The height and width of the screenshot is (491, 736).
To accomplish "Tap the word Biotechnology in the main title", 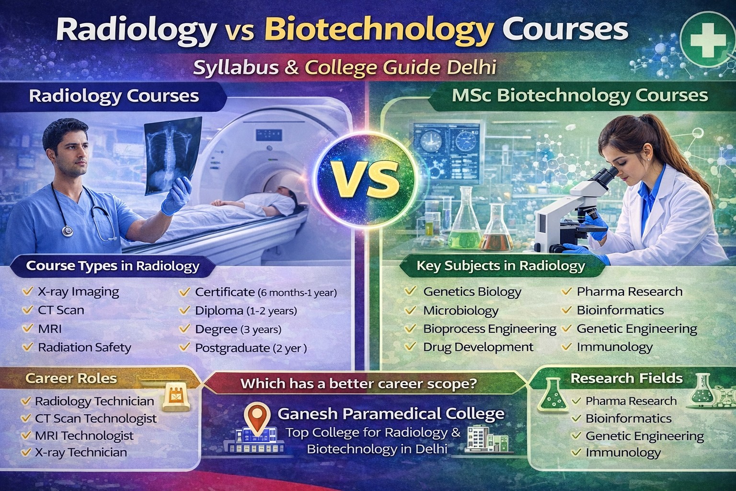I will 379,30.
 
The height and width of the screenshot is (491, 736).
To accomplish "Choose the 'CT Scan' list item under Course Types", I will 61,310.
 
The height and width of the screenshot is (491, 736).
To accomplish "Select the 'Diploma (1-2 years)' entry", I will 246,311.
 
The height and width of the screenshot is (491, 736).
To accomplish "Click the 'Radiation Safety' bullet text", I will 84,347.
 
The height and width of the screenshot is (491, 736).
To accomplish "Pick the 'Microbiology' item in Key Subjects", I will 460,311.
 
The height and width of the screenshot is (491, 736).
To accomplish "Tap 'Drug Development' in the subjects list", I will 478,347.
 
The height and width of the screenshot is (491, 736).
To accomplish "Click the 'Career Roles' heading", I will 71,378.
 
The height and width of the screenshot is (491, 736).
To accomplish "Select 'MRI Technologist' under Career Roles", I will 84,435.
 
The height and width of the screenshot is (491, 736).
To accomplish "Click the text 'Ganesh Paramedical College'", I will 391,413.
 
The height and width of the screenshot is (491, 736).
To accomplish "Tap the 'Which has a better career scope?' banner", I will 358,384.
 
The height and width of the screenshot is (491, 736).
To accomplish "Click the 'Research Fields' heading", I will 626,378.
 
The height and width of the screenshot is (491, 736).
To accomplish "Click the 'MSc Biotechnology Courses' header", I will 580,95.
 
